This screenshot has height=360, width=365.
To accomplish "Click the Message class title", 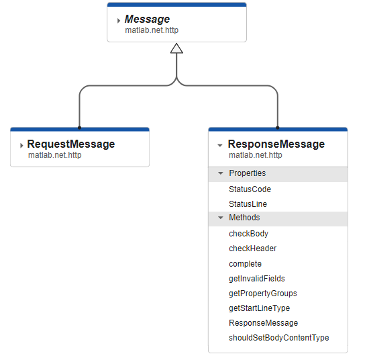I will click(x=147, y=19).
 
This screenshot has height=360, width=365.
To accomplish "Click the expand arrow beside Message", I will click(x=119, y=21).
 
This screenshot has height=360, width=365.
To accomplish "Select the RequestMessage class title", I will click(x=70, y=144).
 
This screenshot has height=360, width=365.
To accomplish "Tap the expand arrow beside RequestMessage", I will click(x=21, y=146).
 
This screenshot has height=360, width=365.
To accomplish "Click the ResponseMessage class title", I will click(x=276, y=144).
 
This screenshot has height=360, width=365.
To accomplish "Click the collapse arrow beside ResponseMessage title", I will click(x=220, y=146).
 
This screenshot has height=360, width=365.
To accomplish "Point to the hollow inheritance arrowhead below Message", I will click(x=176, y=48).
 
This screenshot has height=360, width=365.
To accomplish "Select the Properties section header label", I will click(x=247, y=173).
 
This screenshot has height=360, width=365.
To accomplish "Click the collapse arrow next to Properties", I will click(x=220, y=173).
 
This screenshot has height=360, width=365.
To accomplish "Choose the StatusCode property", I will click(x=250, y=189).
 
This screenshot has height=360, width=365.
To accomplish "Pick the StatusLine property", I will click(x=248, y=204).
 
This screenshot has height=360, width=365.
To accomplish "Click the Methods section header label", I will click(x=244, y=218).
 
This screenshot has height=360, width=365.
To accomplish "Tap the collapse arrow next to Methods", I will click(x=220, y=218).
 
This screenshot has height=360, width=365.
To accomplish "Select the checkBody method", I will click(x=248, y=234).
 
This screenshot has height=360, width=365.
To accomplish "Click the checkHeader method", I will click(x=252, y=249).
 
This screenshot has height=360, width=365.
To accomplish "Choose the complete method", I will click(x=245, y=264).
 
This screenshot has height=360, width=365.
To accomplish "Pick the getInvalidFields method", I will click(x=257, y=279).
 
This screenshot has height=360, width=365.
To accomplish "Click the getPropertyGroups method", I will click(x=262, y=294).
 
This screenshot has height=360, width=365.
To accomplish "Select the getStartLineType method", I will click(x=259, y=308).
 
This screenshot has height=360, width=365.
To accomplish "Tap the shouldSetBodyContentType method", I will click(x=278, y=338).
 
